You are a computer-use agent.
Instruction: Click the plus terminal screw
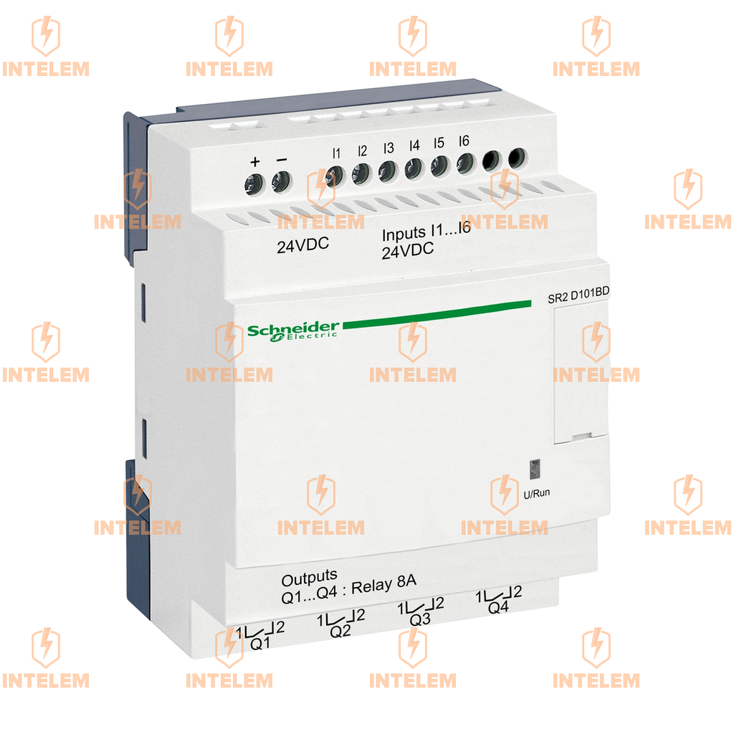click(x=254, y=184)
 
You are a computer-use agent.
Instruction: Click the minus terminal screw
click(x=281, y=181)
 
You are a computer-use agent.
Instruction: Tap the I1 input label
click(x=337, y=153)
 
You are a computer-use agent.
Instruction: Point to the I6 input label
click(x=464, y=141)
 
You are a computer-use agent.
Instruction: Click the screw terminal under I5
click(x=439, y=166)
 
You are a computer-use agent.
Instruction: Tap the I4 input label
click(x=414, y=146)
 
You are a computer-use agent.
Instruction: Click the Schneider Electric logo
click(x=292, y=331)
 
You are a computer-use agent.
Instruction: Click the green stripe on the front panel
click(x=437, y=313)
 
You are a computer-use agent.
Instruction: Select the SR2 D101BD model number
click(x=578, y=295)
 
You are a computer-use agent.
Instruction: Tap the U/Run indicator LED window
click(x=535, y=470)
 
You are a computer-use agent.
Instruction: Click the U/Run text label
click(x=536, y=493)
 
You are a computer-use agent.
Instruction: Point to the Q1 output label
click(x=260, y=643)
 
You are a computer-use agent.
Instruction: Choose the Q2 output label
click(x=340, y=631)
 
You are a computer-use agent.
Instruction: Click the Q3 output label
click(x=420, y=619)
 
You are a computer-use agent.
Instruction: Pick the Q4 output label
click(x=498, y=607)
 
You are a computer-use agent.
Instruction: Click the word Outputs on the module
click(x=309, y=578)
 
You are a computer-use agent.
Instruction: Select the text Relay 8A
click(x=384, y=586)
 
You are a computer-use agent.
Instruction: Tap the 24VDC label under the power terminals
click(x=303, y=245)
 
